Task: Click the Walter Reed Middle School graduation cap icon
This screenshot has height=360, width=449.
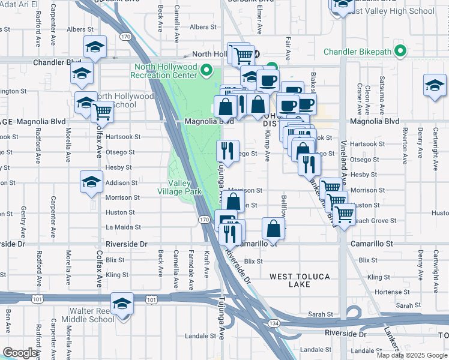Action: tap(122, 304)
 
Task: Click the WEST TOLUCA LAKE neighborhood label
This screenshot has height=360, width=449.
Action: tap(298, 280)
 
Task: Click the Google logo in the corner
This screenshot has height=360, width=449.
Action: tap(20, 352)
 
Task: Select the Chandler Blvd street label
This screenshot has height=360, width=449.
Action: tap(57, 62)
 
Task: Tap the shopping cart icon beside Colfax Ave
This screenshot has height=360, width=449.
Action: tap(103, 110)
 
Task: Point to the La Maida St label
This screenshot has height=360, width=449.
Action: tap(123, 227)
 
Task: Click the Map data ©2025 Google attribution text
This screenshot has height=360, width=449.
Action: tap(412, 355)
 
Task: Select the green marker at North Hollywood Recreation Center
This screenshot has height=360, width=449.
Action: tap(206, 71)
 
